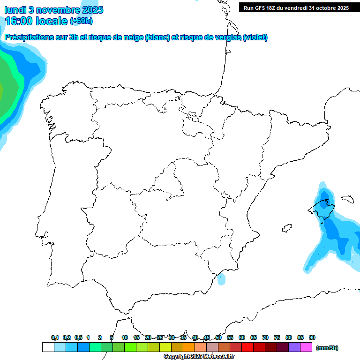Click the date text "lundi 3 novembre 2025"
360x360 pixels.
54,10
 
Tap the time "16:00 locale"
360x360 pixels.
36,21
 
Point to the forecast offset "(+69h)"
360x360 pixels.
81,21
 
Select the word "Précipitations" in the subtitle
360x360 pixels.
28,37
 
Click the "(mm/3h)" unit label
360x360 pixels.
327,348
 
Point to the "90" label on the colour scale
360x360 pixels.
312,337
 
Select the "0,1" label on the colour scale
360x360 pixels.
54,337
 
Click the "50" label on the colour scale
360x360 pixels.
218,337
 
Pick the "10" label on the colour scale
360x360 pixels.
125,337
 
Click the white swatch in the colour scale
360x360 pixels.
48,347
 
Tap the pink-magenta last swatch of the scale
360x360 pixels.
306,347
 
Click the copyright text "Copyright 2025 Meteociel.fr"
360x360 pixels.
199,357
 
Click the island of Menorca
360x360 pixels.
347,199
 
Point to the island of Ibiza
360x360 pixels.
286,229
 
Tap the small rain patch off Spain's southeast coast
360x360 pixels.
221,280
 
